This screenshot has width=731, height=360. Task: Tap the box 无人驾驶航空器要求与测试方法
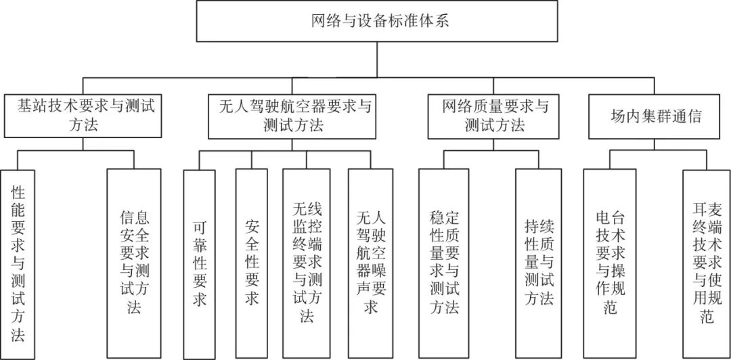tap(297, 115)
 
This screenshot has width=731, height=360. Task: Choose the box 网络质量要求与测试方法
tap(495, 115)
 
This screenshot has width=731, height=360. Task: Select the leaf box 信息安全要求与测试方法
tap(133, 263)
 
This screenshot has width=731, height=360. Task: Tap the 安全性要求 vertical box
tap(251, 263)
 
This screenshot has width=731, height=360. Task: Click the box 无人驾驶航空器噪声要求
tap(370, 263)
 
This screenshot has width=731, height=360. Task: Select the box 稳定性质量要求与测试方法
tap(443, 263)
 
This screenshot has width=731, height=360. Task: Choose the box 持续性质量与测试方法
tap(538, 263)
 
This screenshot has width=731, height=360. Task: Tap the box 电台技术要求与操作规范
tap(608, 263)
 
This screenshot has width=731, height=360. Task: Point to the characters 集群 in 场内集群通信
tap(653, 116)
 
